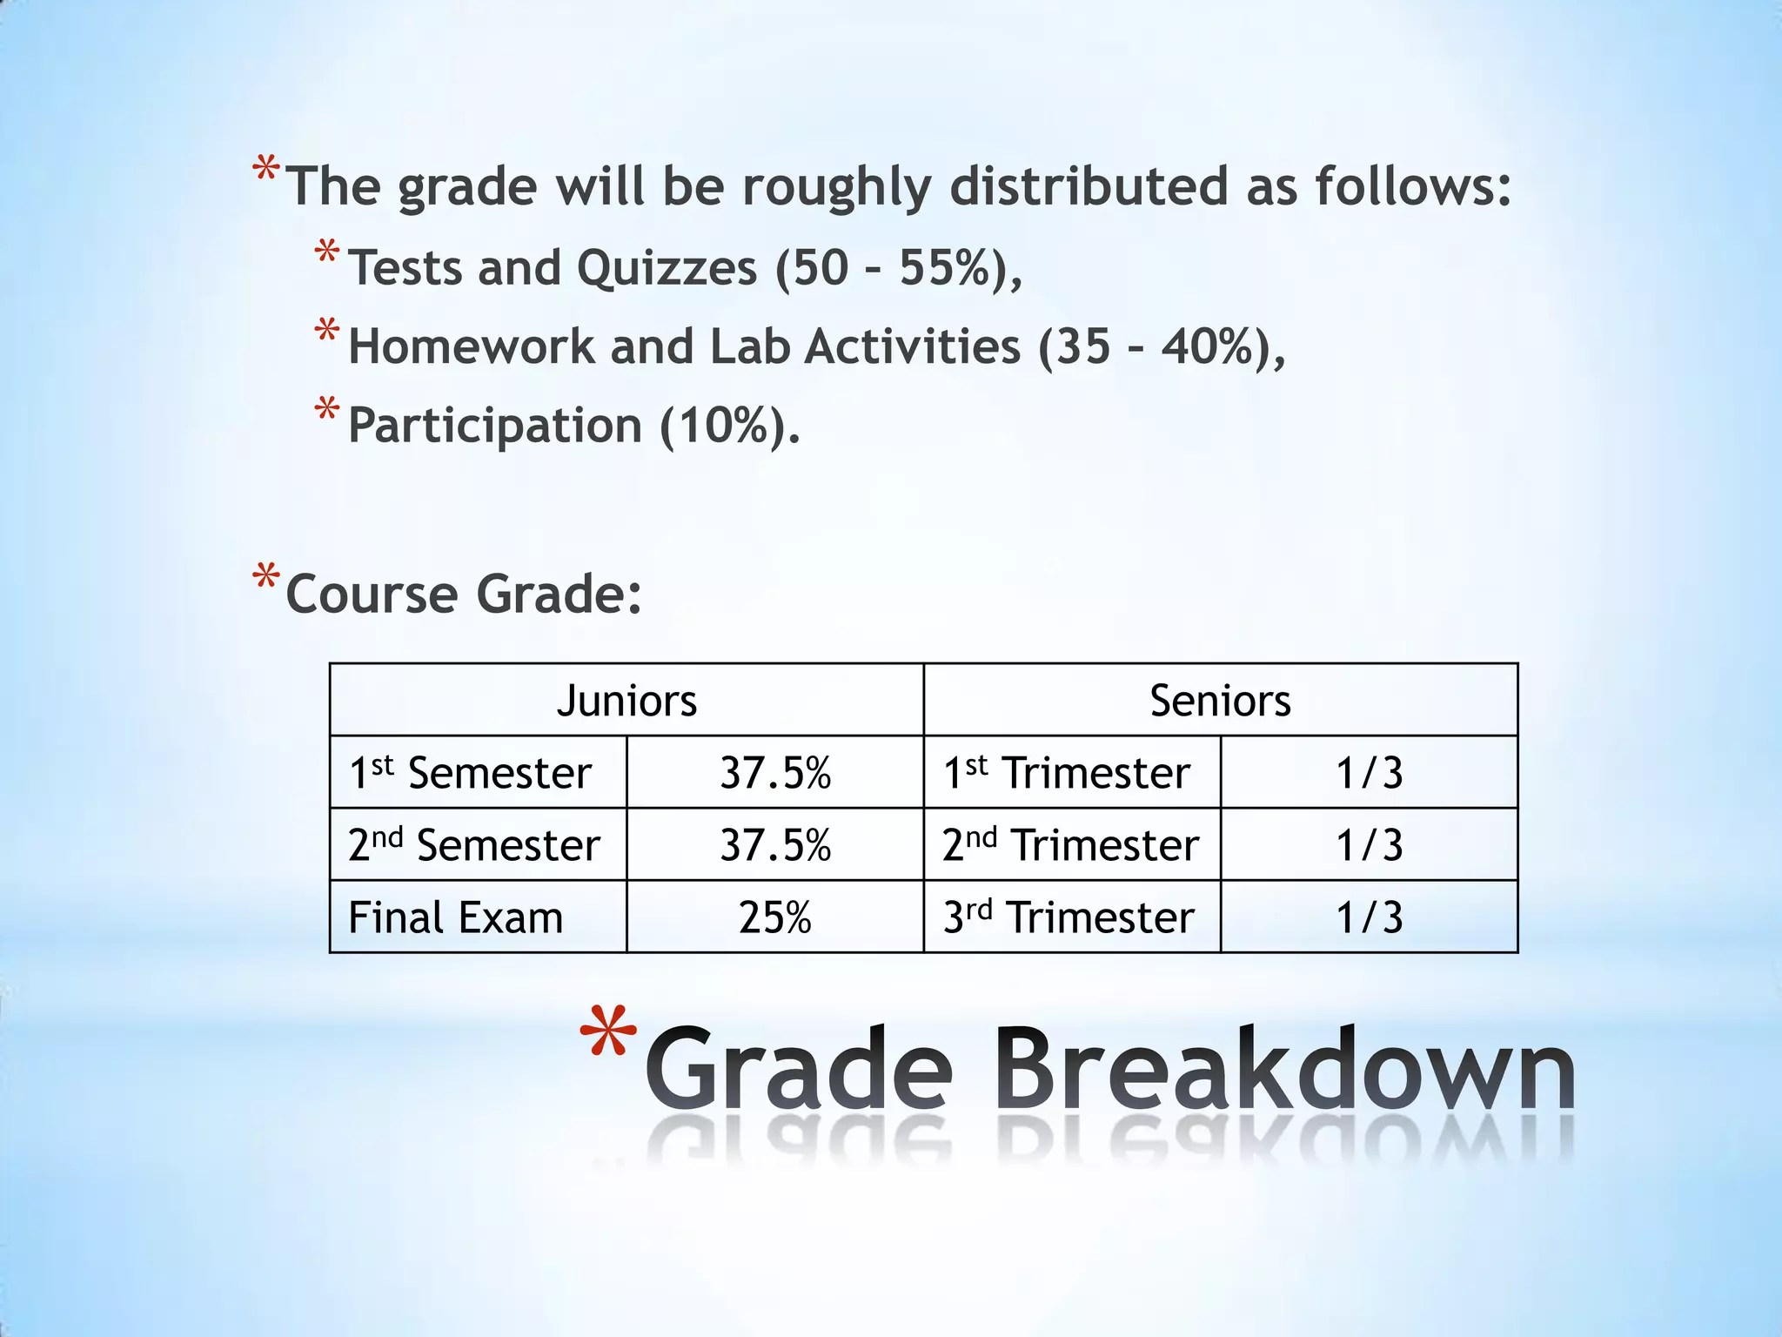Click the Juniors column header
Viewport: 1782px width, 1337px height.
click(x=626, y=701)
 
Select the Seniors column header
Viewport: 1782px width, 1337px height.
click(x=1220, y=701)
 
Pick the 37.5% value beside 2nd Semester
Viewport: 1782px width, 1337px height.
click(x=774, y=845)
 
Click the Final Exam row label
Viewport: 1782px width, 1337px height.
click(x=456, y=917)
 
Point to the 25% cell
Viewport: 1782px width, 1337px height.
click(x=774, y=917)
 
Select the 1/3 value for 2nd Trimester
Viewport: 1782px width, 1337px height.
click(x=1369, y=845)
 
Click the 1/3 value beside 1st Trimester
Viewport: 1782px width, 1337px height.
click(x=1369, y=773)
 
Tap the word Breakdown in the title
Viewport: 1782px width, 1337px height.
click(x=1289, y=1067)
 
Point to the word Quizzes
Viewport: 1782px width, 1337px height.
click(x=667, y=267)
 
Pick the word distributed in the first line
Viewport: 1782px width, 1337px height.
click(x=1089, y=187)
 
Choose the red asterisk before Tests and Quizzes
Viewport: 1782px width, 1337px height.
click(x=327, y=254)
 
